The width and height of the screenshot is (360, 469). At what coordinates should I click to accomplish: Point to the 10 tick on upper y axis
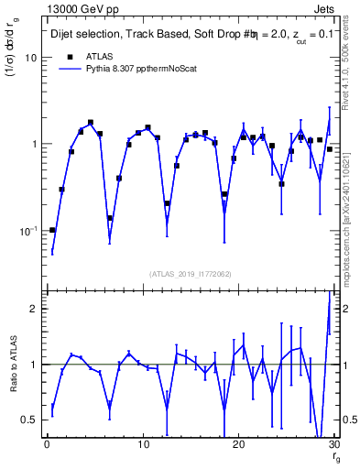(x=30, y=58)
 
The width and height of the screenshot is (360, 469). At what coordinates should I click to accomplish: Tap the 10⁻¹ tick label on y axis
(x=27, y=230)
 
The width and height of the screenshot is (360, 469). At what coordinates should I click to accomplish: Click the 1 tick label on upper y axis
(x=34, y=145)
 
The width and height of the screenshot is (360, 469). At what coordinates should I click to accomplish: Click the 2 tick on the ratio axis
(x=34, y=309)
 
